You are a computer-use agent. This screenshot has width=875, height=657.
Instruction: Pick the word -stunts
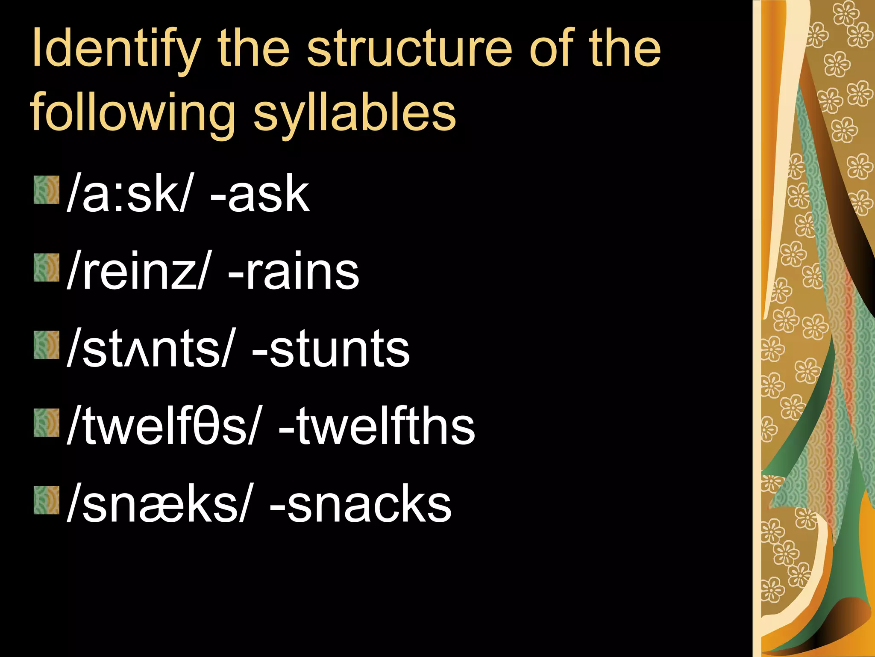pyautogui.click(x=331, y=349)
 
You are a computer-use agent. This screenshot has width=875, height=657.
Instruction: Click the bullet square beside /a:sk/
pyautogui.click(x=47, y=190)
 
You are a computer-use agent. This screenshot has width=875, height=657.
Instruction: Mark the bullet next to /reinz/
pyautogui.click(x=47, y=267)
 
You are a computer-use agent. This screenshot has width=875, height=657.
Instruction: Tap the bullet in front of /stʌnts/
pyautogui.click(x=47, y=345)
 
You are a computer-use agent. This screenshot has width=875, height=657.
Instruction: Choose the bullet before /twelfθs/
pyautogui.click(x=47, y=422)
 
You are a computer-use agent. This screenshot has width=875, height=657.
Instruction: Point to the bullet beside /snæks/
pyautogui.click(x=47, y=500)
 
